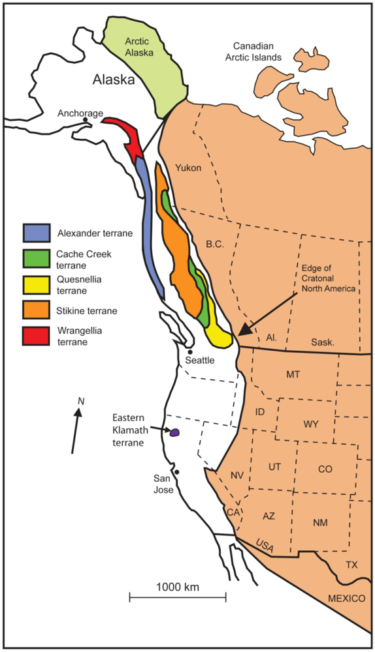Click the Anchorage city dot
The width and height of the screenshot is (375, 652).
pos(86,121)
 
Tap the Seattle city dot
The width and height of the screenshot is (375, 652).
pos(189,352)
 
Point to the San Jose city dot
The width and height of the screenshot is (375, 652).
pos(176,472)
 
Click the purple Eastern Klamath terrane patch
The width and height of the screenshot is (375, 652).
pos(174,432)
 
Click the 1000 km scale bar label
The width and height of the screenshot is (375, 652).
pos(177,586)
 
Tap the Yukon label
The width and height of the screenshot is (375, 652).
pos(189,168)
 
